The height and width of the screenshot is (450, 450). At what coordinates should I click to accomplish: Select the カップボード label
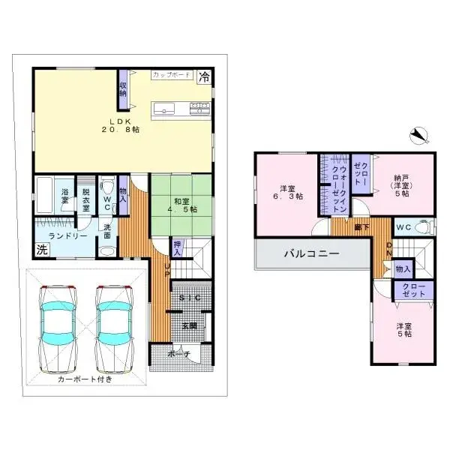click(170, 76)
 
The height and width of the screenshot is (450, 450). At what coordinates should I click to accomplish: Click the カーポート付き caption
click(85, 379)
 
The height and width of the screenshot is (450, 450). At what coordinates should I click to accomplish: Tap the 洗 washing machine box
click(40, 250)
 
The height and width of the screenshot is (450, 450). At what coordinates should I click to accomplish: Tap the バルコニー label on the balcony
click(310, 253)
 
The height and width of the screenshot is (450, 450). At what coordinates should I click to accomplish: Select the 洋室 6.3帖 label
click(287, 191)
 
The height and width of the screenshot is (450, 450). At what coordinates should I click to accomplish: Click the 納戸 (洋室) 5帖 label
click(401, 185)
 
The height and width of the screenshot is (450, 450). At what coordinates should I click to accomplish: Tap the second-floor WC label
click(402, 226)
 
